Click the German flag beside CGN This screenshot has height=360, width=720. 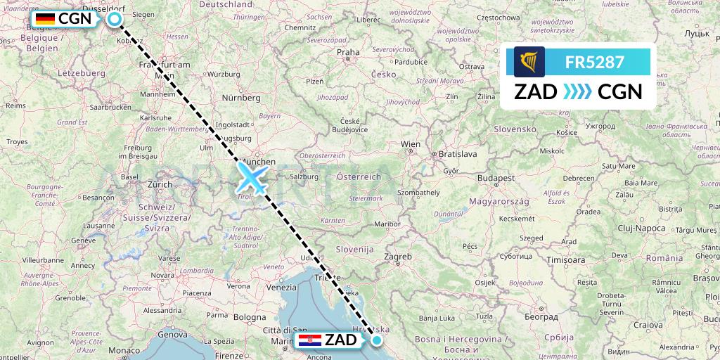(x=45, y=19)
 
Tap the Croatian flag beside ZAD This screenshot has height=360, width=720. (x=310, y=341)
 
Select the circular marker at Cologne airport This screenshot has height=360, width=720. (x=115, y=20)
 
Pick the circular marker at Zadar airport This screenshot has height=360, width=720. (x=377, y=341)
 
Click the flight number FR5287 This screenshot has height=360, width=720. (x=594, y=62)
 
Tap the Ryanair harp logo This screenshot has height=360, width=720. (x=529, y=62)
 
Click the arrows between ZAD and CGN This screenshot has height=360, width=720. (x=577, y=91)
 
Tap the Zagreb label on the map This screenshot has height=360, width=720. (x=398, y=257)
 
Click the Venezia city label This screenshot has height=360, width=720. (x=281, y=287)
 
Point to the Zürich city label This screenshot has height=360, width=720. (x=160, y=184)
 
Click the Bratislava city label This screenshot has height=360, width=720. (x=457, y=153)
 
